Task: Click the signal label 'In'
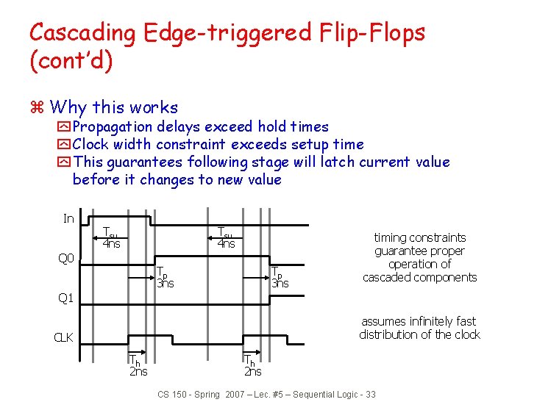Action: tap(68, 218)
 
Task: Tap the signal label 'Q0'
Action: tap(66, 258)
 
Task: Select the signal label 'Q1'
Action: tap(66, 298)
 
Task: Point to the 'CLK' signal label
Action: tap(63, 338)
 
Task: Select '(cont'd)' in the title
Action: tap(71, 60)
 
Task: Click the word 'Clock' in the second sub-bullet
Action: tap(91, 145)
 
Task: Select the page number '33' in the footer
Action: tap(369, 395)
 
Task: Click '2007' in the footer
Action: tap(236, 395)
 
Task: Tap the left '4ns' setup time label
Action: tap(112, 243)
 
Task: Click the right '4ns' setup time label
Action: tap(226, 243)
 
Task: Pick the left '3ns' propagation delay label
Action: tap(165, 284)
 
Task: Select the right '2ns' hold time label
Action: tap(252, 371)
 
